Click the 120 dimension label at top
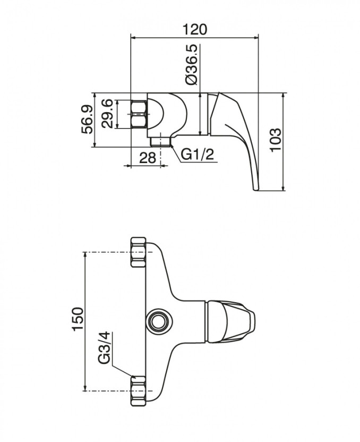pyautogui.click(x=195, y=30)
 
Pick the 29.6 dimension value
pyautogui.click(x=107, y=113)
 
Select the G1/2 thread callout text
pyautogui.click(x=198, y=155)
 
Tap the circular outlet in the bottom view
pyautogui.click(x=157, y=321)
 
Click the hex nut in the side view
pyautogui.click(x=139, y=114)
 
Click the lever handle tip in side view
pyautogui.click(x=255, y=186)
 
